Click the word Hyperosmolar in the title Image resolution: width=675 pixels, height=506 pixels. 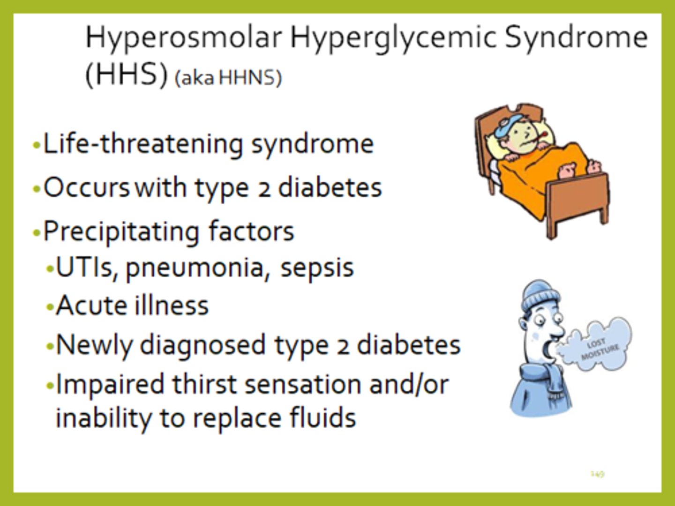click(x=184, y=37)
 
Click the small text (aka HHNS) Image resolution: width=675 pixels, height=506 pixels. click(x=228, y=78)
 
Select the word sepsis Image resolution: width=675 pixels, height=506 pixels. click(x=317, y=268)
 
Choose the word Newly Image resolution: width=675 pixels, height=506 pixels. click(x=95, y=346)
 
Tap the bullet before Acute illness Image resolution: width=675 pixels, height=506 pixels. click(x=50, y=307)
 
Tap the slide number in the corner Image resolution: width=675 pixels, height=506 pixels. click(x=597, y=474)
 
